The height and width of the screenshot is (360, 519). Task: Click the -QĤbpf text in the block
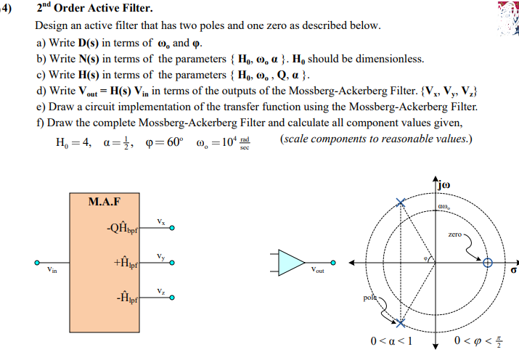[x=123, y=229]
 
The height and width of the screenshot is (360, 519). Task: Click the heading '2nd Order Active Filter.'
[x=94, y=9]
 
